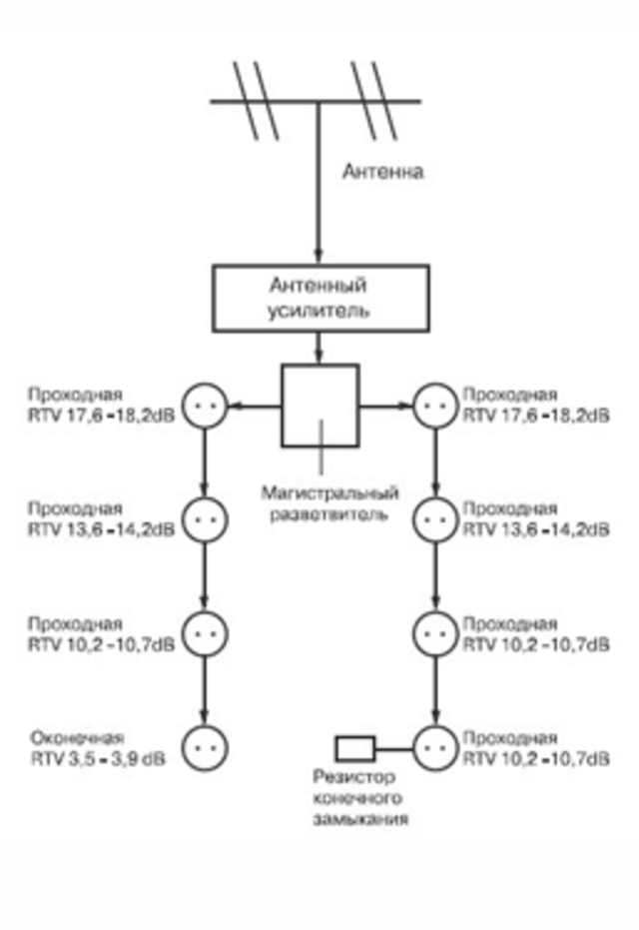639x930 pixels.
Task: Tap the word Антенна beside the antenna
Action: coord(383,172)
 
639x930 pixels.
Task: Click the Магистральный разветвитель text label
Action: coord(329,503)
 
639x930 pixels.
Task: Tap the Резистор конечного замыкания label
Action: coord(360,798)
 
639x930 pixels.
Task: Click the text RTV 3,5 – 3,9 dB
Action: coord(99,758)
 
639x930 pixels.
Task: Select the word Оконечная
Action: coord(77,738)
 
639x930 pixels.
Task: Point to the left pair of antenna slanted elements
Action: coord(256,100)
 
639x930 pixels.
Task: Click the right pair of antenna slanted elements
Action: coord(373,100)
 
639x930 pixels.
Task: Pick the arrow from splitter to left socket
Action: coord(255,407)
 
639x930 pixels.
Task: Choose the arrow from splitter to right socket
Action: coord(385,407)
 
